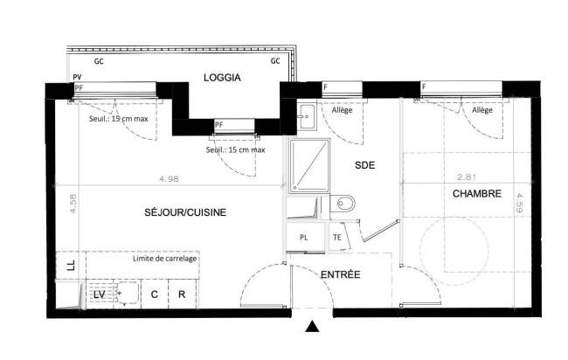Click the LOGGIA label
pyautogui.click(x=222, y=78)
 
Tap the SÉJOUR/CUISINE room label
pyautogui.click(x=185, y=212)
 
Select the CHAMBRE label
pyautogui.click(x=477, y=194)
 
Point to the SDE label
pyautogui.click(x=364, y=165)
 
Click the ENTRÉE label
pyautogui.click(x=341, y=274)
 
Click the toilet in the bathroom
pyautogui.click(x=343, y=204)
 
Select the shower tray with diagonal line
pyautogui.click(x=309, y=165)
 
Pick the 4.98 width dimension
pyautogui.click(x=169, y=179)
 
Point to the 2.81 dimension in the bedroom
pyautogui.click(x=467, y=177)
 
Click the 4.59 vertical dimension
pyautogui.click(x=519, y=203)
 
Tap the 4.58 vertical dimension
pyautogui.click(x=73, y=204)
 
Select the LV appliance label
pyautogui.click(x=100, y=294)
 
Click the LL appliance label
pyautogui.click(x=72, y=265)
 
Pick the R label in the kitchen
pyautogui.click(x=182, y=294)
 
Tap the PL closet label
pyautogui.click(x=304, y=238)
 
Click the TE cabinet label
pyautogui.click(x=337, y=238)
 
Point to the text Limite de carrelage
pyautogui.click(x=164, y=259)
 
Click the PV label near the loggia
pyautogui.click(x=77, y=77)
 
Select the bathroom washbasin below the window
pyautogui.click(x=308, y=116)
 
